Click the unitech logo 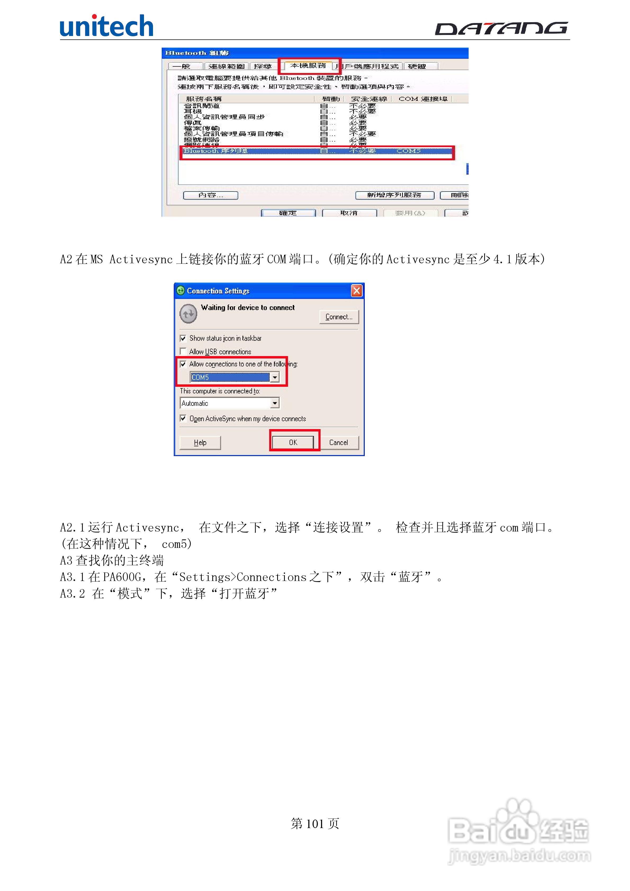tap(106, 26)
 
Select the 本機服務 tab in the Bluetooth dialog tap(308, 66)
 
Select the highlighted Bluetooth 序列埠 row tap(317, 151)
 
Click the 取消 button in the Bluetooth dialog tap(349, 213)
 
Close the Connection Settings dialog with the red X tap(356, 291)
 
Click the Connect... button tap(339, 317)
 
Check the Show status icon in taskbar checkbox tap(183, 338)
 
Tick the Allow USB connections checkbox tap(183, 351)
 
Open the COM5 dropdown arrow tap(274, 377)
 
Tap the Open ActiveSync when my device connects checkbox tap(183, 418)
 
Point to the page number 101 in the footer tap(315, 824)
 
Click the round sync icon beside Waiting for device tap(188, 313)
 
